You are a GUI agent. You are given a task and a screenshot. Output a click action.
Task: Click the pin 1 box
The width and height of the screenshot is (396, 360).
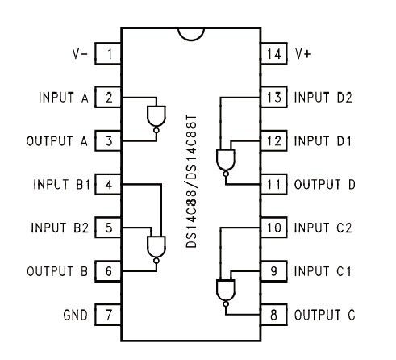coord(108,53)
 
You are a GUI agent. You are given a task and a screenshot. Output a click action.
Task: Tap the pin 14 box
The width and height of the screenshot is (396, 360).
coord(274,53)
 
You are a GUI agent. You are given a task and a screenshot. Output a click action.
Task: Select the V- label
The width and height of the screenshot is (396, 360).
coord(80,54)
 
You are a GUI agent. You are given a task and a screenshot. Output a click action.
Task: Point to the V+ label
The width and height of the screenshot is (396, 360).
coord(303,54)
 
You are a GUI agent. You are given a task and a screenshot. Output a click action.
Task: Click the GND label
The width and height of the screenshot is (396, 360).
coord(75,315)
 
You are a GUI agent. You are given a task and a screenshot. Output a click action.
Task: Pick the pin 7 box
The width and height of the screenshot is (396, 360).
coord(108,315)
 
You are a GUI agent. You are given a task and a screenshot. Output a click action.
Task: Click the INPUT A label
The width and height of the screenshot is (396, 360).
coord(64,97)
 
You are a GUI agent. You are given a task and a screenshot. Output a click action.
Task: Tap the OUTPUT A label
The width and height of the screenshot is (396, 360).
coord(57,140)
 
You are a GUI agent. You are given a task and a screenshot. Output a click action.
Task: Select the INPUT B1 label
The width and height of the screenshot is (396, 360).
coord(61,184)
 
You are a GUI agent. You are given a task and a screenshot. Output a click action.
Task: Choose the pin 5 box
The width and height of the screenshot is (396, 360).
coord(108,228)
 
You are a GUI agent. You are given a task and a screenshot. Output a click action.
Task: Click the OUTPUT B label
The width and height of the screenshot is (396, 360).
coord(57,271)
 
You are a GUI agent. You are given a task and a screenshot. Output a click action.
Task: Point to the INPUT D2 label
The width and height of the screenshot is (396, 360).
coord(323,97)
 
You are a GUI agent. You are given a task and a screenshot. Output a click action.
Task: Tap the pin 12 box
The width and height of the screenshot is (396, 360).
coord(274,140)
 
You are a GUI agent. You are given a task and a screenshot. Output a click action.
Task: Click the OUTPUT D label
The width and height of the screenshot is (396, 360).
coord(325,184)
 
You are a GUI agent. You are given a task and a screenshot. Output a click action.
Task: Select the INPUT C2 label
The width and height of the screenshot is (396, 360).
coord(323,228)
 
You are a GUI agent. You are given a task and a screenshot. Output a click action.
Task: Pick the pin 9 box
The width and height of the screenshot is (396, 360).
coord(274,271)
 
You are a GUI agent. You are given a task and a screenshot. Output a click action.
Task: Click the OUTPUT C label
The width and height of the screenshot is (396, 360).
coord(325,315)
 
